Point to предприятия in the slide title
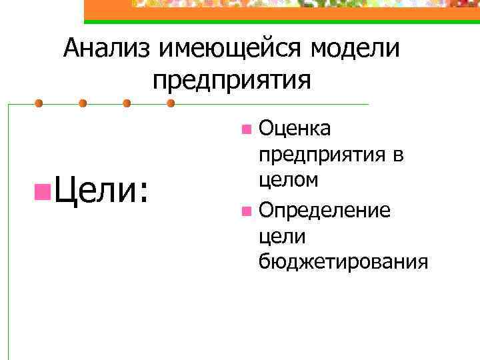pyautogui.click(x=231, y=80)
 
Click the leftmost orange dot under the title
pyautogui.click(x=39, y=103)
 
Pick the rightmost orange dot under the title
pyautogui.click(x=171, y=103)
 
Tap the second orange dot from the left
pyautogui.click(x=83, y=103)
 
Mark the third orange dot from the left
pyautogui.click(x=127, y=103)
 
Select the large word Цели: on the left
pyautogui.click(x=100, y=192)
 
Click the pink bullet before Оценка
pyautogui.click(x=246, y=127)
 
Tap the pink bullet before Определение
pyautogui.click(x=246, y=212)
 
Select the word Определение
pyautogui.click(x=325, y=211)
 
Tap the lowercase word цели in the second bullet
pyautogui.click(x=282, y=237)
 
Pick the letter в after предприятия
pyautogui.click(x=398, y=155)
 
